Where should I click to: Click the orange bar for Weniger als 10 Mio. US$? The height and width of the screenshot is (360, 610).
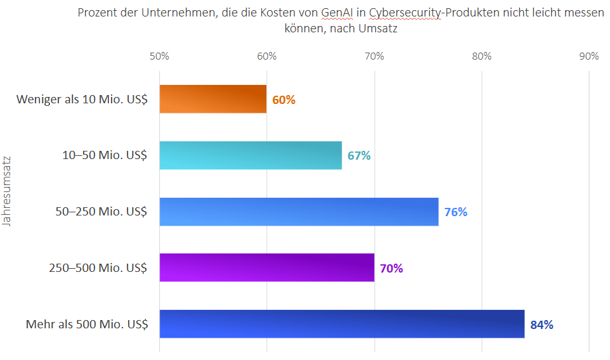[x=212, y=99]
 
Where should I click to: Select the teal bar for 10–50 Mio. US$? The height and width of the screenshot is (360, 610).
[x=250, y=155]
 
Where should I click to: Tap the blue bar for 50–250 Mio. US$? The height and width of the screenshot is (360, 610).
[x=299, y=212]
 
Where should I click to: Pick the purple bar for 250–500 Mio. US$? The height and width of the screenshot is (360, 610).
[x=266, y=267]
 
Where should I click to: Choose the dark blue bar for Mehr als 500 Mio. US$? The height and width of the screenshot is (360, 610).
[x=342, y=324]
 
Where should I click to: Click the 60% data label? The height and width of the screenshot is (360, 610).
[x=284, y=100]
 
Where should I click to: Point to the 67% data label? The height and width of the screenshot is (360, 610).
[x=359, y=155]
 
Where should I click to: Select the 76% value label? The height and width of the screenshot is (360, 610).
[x=456, y=212]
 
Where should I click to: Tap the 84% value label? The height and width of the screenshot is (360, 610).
[x=542, y=325]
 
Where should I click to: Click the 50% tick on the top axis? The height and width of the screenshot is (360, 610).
[x=159, y=56]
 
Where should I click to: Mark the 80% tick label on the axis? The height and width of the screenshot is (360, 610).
[x=482, y=56]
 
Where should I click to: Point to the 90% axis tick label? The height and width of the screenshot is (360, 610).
[x=589, y=56]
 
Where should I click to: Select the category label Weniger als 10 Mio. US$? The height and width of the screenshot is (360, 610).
[x=82, y=100]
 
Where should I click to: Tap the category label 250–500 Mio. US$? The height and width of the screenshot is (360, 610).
[x=98, y=267]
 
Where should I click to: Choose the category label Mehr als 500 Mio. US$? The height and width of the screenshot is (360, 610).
[x=87, y=325]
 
